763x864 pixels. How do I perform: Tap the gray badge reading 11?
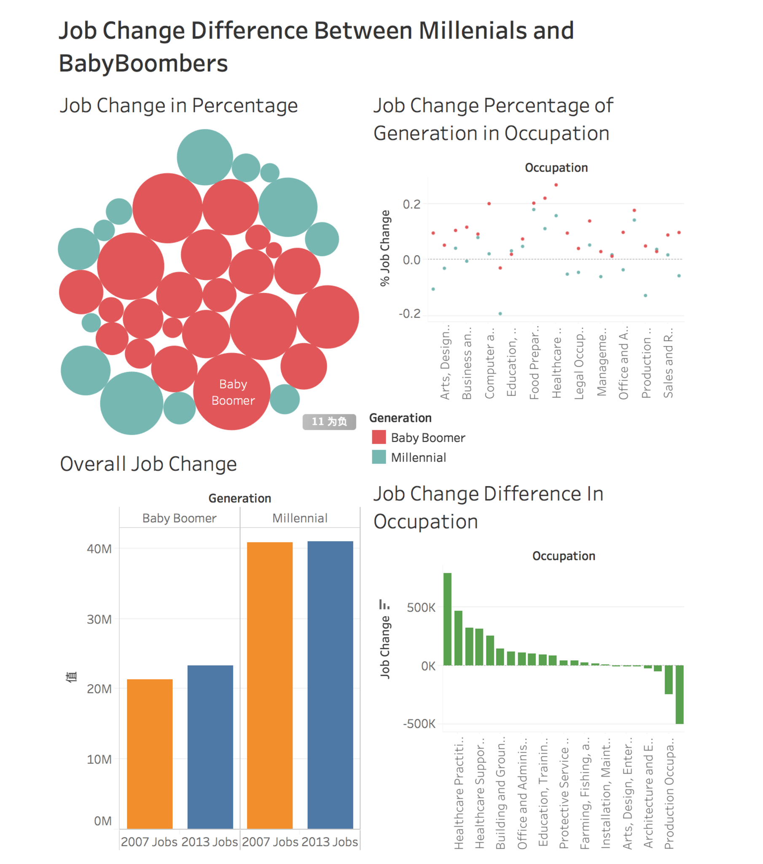coord(329,421)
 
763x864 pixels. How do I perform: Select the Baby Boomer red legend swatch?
coord(379,437)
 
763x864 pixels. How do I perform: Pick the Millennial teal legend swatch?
coord(379,457)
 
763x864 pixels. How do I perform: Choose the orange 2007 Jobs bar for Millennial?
coord(269,685)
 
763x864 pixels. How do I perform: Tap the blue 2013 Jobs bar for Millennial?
coord(330,684)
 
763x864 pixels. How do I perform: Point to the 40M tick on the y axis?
coord(99,549)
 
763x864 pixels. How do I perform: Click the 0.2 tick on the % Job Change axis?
coord(411,204)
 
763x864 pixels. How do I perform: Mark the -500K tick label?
coord(419,724)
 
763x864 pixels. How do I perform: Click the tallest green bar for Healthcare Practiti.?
coord(447,619)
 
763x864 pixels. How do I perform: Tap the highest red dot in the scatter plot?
coord(556,185)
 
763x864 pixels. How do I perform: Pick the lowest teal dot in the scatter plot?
coord(500,313)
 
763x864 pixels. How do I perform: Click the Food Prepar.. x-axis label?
coord(534,363)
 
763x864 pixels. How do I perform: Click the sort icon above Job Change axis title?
coord(384,605)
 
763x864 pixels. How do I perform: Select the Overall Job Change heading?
coord(148,464)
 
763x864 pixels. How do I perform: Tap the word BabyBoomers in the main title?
coord(143,63)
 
